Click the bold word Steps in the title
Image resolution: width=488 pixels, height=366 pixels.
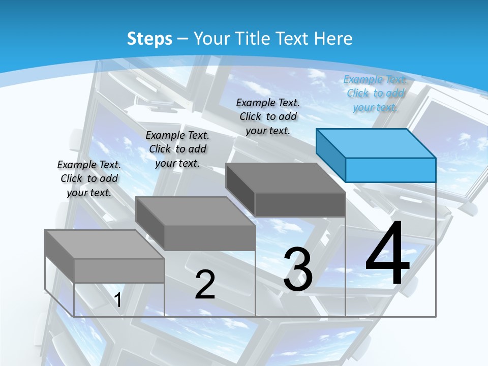tap(149, 39)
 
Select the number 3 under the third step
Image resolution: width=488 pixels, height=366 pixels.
tap(298, 269)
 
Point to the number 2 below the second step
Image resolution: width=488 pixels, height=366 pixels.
tap(205, 284)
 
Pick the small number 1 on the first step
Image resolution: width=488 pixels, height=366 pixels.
tap(118, 300)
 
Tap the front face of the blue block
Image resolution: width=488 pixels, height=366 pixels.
tap(390, 170)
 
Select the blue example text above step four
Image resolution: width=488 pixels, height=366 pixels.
tap(375, 93)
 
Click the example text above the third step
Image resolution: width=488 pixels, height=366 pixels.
tap(268, 116)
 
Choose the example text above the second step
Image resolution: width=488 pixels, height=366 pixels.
tap(177, 149)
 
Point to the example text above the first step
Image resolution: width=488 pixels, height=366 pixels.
tap(89, 178)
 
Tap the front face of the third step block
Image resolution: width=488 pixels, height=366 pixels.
tap(300, 205)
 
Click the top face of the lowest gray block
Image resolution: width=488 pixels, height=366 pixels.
tap(104, 244)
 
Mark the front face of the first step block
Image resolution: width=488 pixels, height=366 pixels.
tap(119, 270)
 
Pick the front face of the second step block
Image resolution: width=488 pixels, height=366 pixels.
tap(209, 238)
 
